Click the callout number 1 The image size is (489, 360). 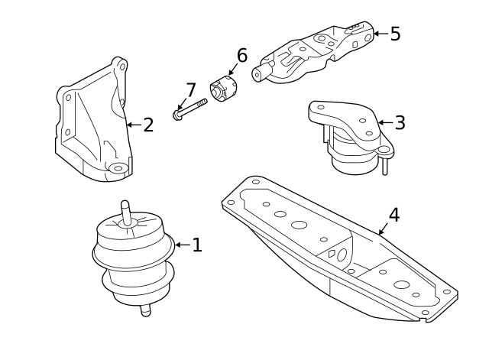(197, 245)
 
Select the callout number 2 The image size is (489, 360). (148, 125)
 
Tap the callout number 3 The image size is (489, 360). (400, 122)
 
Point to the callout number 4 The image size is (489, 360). (393, 215)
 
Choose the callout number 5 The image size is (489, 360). (395, 34)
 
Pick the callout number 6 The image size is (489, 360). (241, 55)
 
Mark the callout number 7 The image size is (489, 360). (190, 90)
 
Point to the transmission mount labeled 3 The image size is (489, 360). (350, 138)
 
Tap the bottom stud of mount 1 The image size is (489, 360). (144, 310)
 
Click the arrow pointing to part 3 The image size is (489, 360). (384, 122)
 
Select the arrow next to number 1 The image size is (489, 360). (182, 245)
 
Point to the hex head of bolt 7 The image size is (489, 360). (177, 116)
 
